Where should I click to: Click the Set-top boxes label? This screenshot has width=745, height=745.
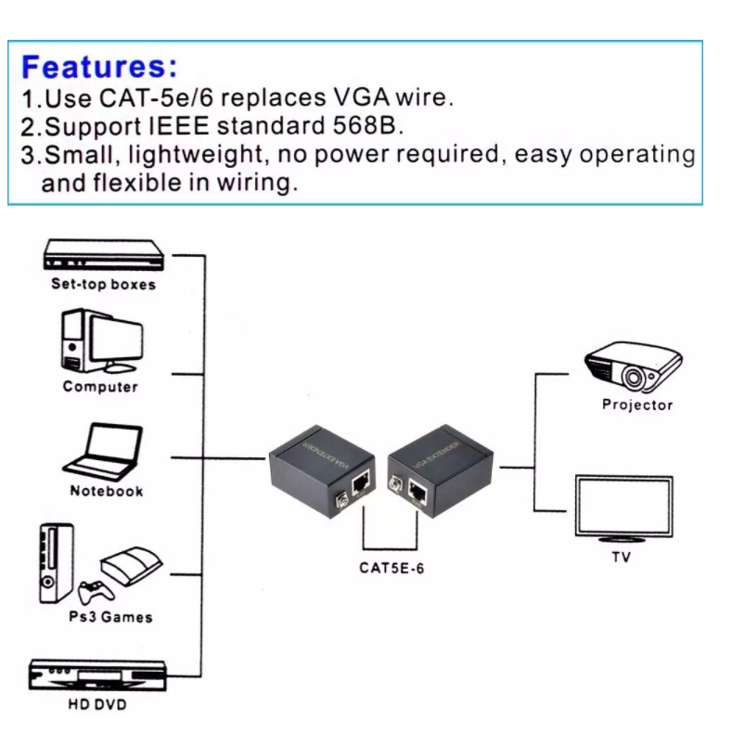point(103,285)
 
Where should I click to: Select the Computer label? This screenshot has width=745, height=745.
point(100,387)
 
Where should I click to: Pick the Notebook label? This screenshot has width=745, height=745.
point(107,492)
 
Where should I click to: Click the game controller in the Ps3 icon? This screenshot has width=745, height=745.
point(92,592)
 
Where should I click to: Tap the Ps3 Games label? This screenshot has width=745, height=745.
point(110,617)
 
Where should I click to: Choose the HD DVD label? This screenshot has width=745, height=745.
point(96,706)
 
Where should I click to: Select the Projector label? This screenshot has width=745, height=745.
point(637,405)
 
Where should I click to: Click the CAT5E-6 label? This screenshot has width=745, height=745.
point(392,569)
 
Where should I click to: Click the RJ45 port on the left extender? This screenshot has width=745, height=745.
point(361,486)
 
